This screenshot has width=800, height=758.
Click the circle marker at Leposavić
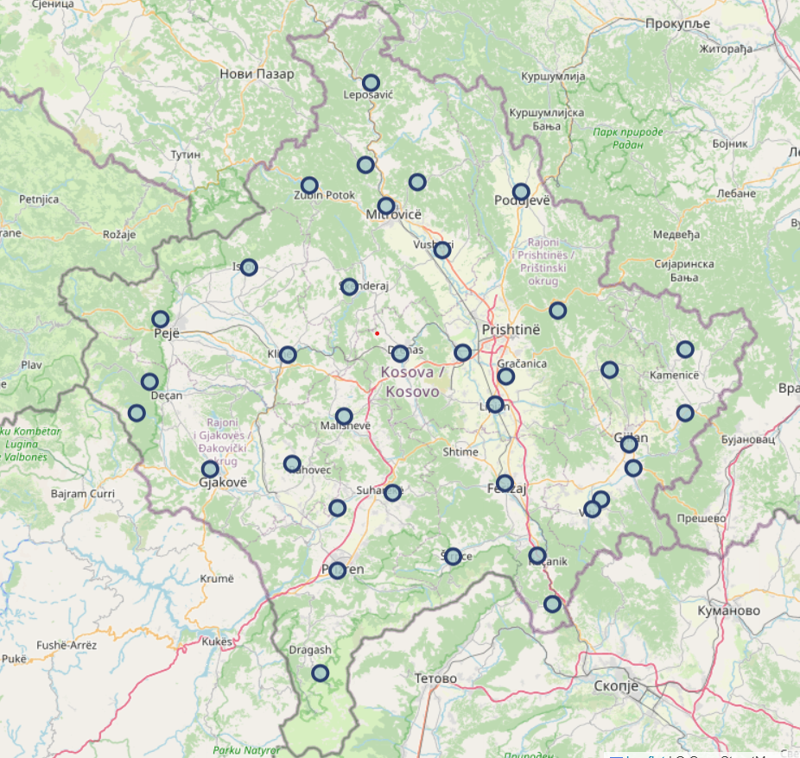pos(371,83)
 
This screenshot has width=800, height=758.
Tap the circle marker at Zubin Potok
pos(309,185)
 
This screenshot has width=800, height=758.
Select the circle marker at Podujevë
pos(521,192)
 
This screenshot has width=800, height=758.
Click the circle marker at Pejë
pos(161,319)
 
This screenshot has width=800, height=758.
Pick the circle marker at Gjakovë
pos(210,469)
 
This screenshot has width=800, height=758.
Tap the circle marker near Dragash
pos(321,673)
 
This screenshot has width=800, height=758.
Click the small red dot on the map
pos(377,333)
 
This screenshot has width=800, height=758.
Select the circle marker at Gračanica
pos(506,376)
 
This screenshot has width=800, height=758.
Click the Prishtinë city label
pos(511,330)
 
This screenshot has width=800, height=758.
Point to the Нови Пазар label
pos(257,74)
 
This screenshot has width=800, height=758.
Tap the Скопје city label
pos(616,686)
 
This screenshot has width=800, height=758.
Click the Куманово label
pos(729,610)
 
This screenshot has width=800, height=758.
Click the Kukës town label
pos(217,641)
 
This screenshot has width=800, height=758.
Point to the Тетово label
pos(435,679)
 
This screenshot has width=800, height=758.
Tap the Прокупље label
pos(677,22)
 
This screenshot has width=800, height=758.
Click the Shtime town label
pos(460,452)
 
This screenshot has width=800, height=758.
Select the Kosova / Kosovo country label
pos(412,382)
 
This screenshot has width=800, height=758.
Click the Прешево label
pos(701,519)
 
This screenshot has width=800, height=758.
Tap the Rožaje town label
pos(120,234)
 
